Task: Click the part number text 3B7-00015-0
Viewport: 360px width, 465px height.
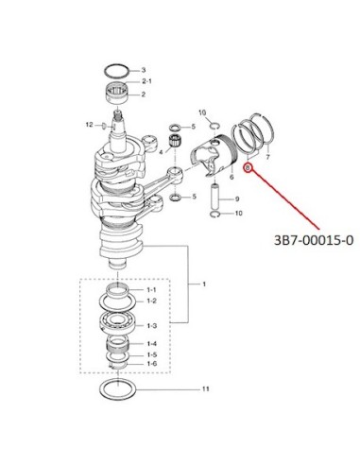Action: pyautogui.click(x=314, y=240)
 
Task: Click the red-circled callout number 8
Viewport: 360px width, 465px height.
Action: pyautogui.click(x=248, y=167)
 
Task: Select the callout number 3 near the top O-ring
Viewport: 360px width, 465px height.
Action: pyautogui.click(x=144, y=70)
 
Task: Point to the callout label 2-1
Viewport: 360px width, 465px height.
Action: pyautogui.click(x=146, y=81)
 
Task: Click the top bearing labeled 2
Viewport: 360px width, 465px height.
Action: pyautogui.click(x=116, y=93)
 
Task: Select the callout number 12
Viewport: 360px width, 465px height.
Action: pyautogui.click(x=90, y=125)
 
